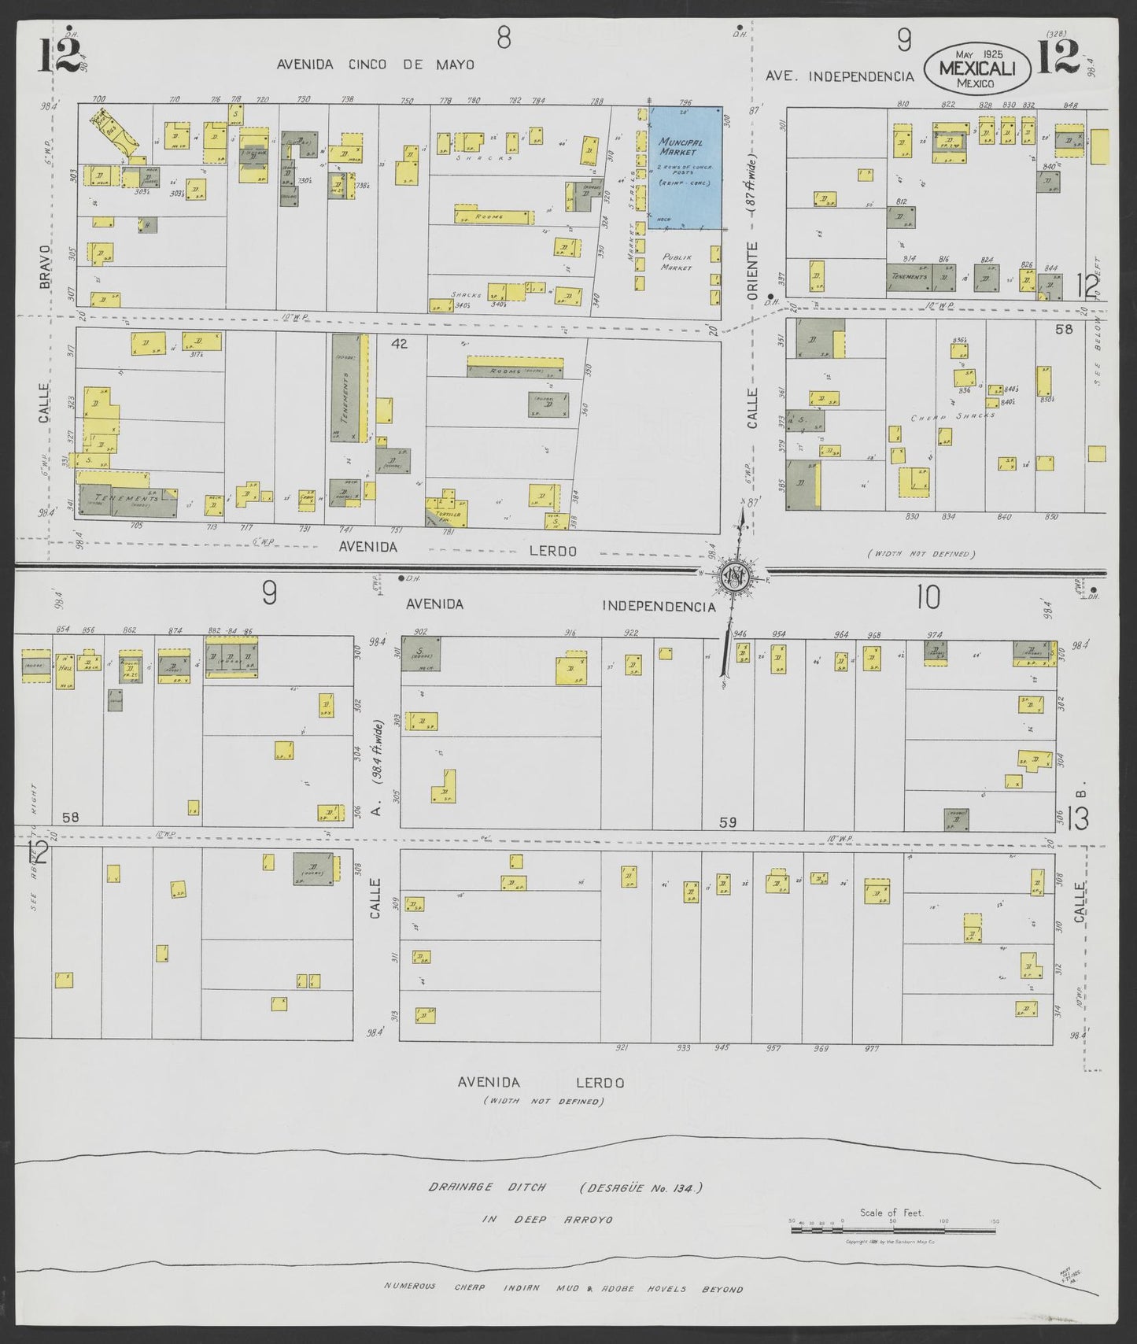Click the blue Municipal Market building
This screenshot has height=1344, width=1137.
point(684,168)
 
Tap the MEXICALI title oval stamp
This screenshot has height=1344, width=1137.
point(975,68)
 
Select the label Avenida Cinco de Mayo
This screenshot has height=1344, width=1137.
point(375,65)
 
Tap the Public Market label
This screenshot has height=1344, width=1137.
point(676,262)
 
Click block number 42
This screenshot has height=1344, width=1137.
point(399,343)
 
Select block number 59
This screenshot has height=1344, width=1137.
point(728,822)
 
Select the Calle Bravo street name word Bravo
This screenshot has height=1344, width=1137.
point(46,264)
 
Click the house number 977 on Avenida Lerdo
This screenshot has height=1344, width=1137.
point(871,1048)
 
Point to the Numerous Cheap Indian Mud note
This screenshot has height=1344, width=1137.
point(563,1288)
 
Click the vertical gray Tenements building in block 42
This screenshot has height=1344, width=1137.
point(345,386)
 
